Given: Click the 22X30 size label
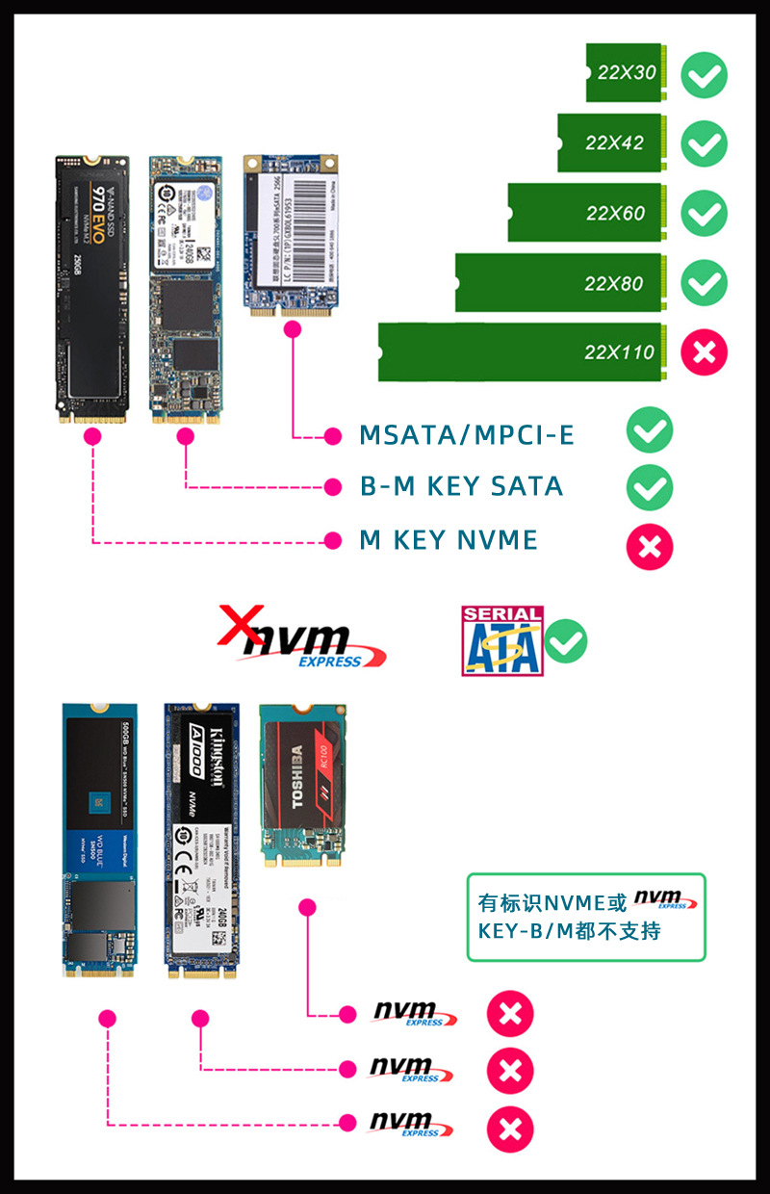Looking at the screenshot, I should click(627, 72).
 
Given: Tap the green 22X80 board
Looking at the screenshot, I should click(558, 283).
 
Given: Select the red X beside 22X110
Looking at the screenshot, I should click(705, 351).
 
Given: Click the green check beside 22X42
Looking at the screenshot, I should click(705, 143).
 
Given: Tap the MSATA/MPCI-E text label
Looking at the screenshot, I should click(467, 435).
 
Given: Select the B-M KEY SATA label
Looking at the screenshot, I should click(462, 486).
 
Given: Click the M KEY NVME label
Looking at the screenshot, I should click(449, 540).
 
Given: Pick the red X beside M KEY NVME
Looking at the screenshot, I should click(650, 546).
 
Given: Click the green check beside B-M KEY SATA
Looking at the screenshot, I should click(650, 487).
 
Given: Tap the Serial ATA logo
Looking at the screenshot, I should click(502, 640).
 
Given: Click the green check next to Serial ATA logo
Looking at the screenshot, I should click(566, 641).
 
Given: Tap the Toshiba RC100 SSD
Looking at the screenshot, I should click(303, 784).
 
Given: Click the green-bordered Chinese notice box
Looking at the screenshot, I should click(586, 917).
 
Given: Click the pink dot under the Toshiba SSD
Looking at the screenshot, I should click(308, 906).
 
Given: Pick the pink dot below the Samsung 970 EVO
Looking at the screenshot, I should click(93, 436).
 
